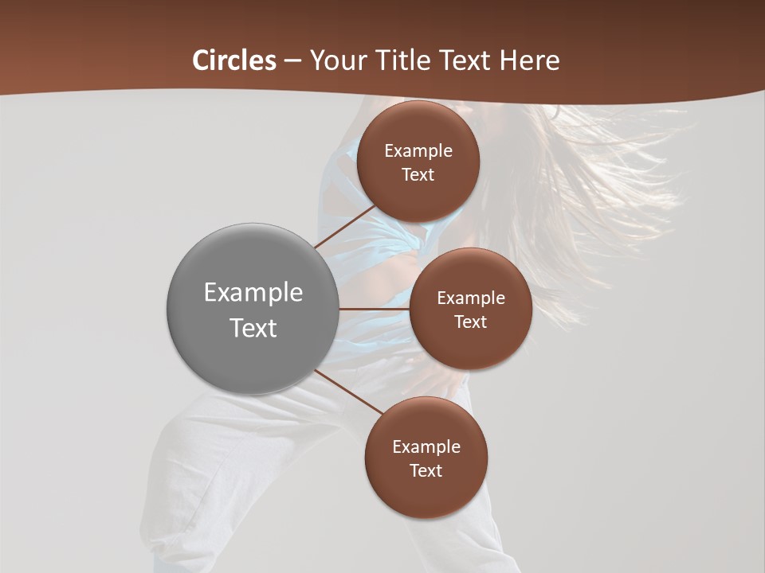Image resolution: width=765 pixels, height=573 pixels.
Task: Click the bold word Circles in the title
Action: pos(234,60)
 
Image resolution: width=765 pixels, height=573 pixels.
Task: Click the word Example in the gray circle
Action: pos(253,293)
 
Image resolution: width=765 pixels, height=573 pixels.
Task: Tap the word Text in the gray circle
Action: pos(253,328)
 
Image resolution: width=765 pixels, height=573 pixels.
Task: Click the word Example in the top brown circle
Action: pos(418,151)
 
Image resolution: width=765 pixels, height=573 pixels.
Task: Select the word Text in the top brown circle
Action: pos(418,175)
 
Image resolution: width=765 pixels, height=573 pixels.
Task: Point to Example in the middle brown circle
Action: pos(471,298)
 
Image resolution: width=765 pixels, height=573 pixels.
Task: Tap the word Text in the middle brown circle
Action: pos(471,322)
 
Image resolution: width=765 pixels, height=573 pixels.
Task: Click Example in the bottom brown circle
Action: pos(426,447)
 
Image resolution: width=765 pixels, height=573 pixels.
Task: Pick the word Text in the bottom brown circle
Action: pos(426,471)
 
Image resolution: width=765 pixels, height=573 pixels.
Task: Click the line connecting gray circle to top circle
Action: pos(345,227)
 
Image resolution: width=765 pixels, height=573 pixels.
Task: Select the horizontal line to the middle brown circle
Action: pos(374,309)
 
